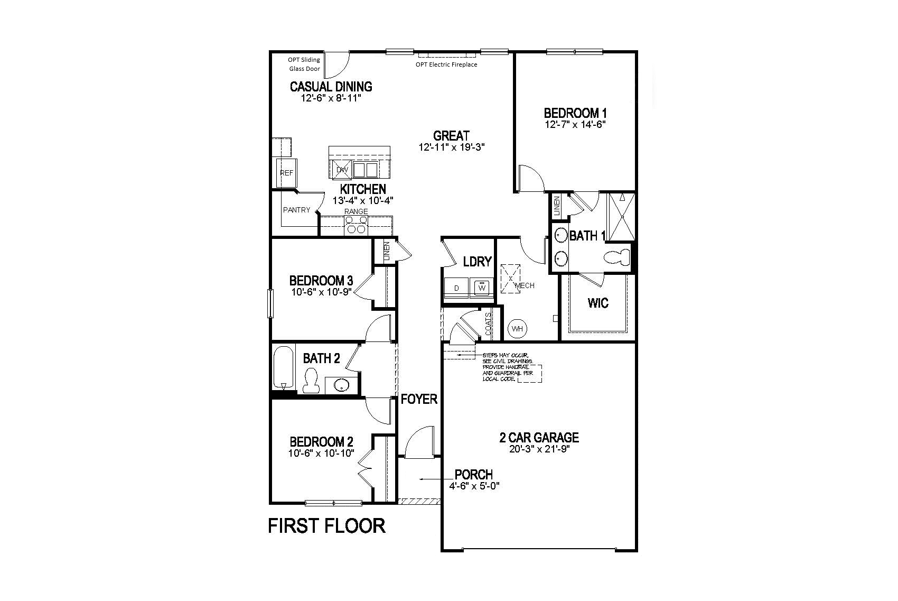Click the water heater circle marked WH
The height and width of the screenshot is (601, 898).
pos(517,329)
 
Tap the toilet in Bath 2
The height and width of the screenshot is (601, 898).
pos(310,381)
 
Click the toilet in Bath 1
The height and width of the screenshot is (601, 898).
pos(618,257)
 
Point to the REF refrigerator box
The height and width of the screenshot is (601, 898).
pos(286,173)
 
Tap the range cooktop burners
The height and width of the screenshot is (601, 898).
pos(356,225)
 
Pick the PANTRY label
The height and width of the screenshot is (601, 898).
pos(297,210)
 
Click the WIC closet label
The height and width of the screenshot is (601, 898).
pos(598,303)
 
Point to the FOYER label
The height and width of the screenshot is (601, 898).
pos(419,399)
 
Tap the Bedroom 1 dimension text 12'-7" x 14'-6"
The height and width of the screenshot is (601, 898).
pos(575,124)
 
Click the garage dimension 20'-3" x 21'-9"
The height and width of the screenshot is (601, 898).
pos(539,449)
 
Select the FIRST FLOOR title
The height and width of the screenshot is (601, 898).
pos(327,526)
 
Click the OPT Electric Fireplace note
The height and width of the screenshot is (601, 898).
pos(446,64)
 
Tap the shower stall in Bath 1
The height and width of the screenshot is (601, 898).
pos(622,217)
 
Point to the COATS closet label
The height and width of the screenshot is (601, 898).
pos(488,324)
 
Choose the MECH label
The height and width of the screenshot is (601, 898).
pos(525,285)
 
